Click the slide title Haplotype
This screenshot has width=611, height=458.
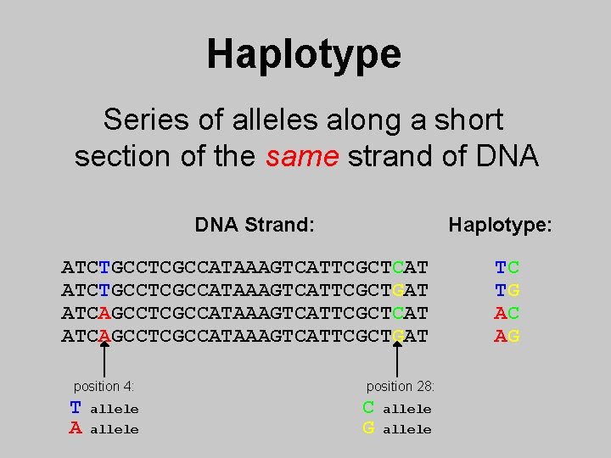[304, 53]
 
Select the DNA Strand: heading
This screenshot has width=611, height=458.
[255, 225]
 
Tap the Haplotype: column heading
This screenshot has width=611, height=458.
[500, 225]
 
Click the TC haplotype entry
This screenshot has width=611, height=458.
[507, 268]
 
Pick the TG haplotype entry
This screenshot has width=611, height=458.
[507, 291]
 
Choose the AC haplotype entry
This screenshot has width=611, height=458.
[507, 314]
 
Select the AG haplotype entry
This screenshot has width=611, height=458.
[507, 337]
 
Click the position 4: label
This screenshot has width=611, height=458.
[104, 387]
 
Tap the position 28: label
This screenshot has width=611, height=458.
[401, 387]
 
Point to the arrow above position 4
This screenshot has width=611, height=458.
[104, 360]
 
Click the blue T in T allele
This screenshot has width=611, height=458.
[76, 408]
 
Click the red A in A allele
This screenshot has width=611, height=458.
[76, 429]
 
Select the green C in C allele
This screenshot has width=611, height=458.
[368, 408]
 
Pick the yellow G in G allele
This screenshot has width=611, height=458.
[368, 429]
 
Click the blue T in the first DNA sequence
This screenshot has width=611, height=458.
[104, 268]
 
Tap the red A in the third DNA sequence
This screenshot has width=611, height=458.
[104, 314]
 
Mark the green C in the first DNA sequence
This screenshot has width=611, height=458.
[398, 268]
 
